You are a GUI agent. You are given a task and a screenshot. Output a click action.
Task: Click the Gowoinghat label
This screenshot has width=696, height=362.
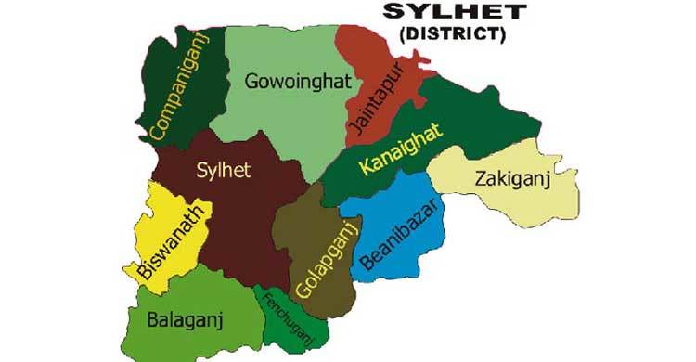[298, 82]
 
